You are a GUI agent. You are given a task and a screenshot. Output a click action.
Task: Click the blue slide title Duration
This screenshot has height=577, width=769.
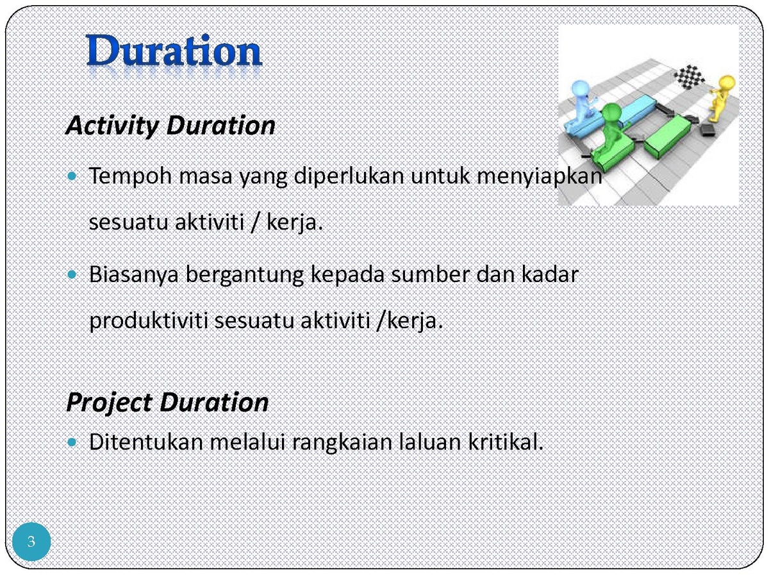(x=174, y=50)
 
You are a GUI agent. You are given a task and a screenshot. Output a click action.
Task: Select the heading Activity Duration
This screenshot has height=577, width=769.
(x=170, y=126)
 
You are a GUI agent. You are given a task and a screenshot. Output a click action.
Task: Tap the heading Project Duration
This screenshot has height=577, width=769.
(x=167, y=402)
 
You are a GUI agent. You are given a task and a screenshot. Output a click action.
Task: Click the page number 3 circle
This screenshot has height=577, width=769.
(x=31, y=541)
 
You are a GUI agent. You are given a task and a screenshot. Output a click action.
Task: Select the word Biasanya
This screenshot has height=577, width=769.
(x=134, y=275)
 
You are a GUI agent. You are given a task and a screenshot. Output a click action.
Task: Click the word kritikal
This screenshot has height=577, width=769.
(x=506, y=442)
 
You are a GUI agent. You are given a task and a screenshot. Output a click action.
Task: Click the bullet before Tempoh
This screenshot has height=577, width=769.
(x=72, y=176)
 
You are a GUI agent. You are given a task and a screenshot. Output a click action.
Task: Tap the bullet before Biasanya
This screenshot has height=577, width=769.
(x=72, y=274)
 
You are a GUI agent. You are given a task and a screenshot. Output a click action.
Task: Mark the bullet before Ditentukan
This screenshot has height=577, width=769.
(x=72, y=442)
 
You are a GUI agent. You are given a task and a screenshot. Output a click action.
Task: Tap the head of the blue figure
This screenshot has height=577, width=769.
(x=580, y=90)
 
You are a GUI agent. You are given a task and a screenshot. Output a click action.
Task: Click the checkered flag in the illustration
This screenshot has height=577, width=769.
(x=689, y=76)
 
